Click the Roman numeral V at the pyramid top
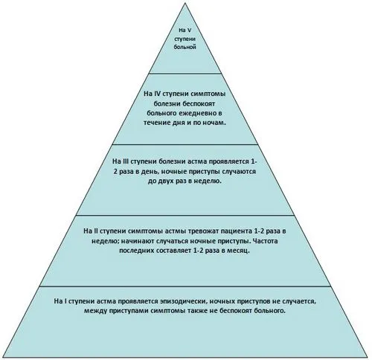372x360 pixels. click(x=190, y=30)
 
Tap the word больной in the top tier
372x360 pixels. click(x=185, y=47)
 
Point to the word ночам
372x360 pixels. click(x=215, y=123)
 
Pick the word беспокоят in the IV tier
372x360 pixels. click(x=199, y=103)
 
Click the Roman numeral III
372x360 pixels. click(x=124, y=161)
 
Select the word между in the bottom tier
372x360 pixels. click(x=94, y=311)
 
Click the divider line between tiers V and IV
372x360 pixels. click(x=185, y=74)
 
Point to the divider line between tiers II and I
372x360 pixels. click(x=185, y=286)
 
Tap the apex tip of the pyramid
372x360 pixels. click(x=185, y=3)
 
